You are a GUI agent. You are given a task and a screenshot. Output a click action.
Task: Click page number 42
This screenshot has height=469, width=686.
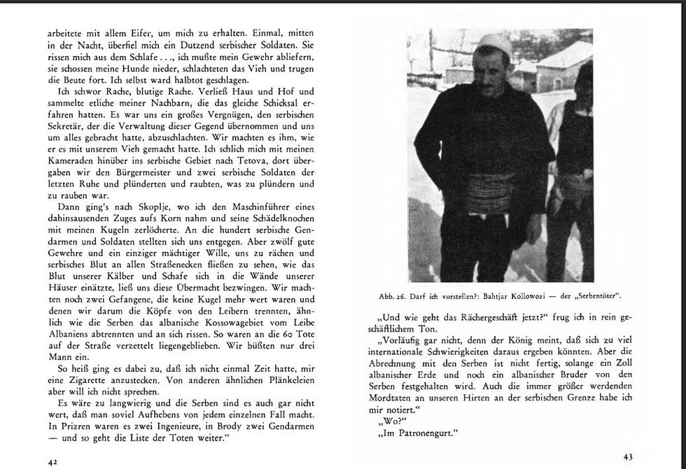(52, 462)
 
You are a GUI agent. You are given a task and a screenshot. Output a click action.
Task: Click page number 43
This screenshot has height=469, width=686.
(627, 457)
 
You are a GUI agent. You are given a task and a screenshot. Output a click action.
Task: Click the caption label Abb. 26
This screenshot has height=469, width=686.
(393, 295)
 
